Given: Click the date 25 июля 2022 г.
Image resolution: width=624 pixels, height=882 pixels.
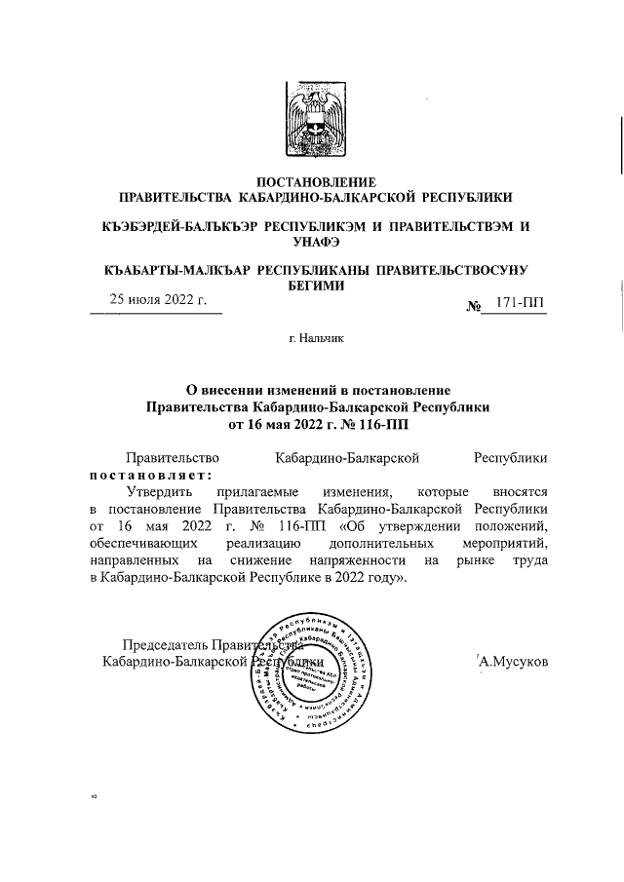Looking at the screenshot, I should pos(156,301).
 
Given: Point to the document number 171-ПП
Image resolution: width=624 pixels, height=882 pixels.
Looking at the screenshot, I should pos(521,305).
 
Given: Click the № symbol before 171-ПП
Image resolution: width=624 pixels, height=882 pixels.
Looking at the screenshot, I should pos(476,307).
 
